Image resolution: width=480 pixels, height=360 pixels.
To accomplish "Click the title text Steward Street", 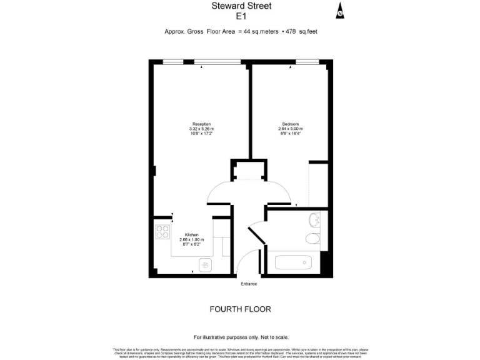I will [x=239, y=6].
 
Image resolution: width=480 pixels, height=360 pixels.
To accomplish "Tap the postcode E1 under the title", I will [x=239, y=17].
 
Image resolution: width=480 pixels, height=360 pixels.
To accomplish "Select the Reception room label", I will [x=201, y=124].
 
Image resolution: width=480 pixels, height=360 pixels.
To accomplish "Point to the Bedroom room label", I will [x=290, y=124].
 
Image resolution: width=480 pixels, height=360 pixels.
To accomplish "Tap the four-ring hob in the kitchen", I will [x=162, y=232].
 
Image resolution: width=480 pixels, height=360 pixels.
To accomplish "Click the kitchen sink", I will [x=205, y=265].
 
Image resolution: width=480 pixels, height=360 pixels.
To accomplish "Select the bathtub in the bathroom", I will [x=294, y=262].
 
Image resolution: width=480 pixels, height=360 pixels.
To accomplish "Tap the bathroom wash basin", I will [x=314, y=220].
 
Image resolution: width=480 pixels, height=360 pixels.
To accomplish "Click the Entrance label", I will [x=249, y=284].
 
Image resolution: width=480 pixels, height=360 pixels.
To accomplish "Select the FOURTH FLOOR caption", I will [x=240, y=309].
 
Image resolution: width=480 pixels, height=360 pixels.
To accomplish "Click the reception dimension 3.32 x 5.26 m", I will [x=201, y=129].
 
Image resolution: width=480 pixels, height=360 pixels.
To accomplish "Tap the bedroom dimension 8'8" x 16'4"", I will [x=290, y=133].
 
